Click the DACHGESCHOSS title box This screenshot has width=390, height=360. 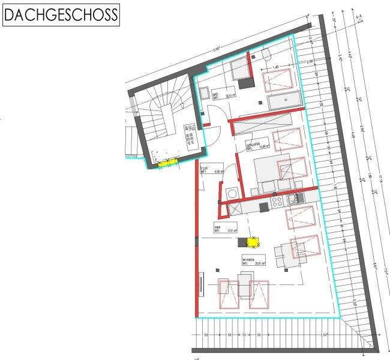coord(61,15)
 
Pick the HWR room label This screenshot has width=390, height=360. coord(218,229)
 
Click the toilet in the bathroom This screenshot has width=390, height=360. coord(266,56)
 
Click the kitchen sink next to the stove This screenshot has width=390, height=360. coord(295,198)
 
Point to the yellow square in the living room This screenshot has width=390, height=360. coord(253,242)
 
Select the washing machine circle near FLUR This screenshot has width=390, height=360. coord(232,192)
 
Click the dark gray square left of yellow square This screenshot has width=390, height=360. coord(242,242)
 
